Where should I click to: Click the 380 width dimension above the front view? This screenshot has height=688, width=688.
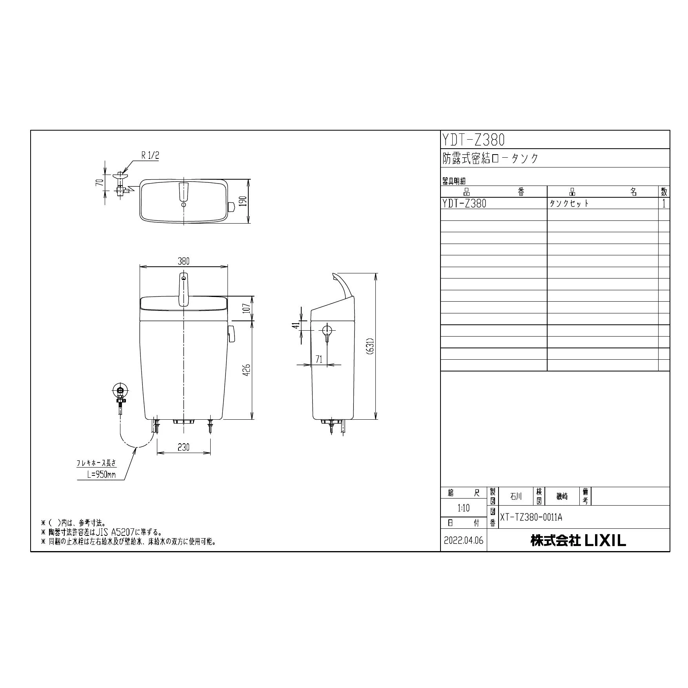(184, 261)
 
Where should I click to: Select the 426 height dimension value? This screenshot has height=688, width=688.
(246, 370)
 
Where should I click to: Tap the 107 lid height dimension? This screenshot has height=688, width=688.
(246, 309)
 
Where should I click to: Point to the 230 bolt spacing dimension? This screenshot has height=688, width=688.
(184, 447)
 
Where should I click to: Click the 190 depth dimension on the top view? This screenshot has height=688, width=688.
(244, 202)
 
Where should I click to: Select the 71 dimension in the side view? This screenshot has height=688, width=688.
(319, 359)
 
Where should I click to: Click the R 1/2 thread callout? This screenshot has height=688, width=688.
(151, 155)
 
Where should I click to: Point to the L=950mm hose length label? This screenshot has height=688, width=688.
(102, 475)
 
